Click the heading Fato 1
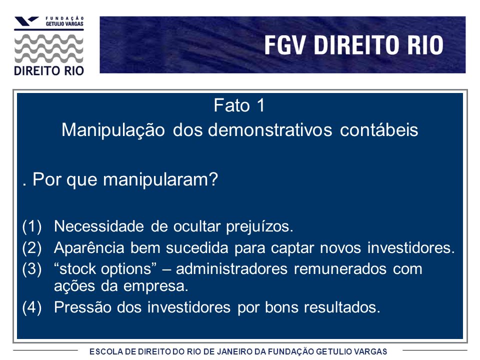click(239, 105)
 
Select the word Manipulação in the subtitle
click(113, 130)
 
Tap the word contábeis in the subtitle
click(379, 129)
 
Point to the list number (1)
click(32, 227)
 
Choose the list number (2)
click(32, 248)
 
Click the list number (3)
click(32, 269)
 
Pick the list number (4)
click(32, 307)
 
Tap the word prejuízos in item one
click(259, 227)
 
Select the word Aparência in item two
click(89, 248)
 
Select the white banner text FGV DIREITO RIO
click(354, 45)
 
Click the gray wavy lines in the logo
click(49, 48)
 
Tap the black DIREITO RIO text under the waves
click(49, 71)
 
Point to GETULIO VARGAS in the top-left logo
click(64, 23)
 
